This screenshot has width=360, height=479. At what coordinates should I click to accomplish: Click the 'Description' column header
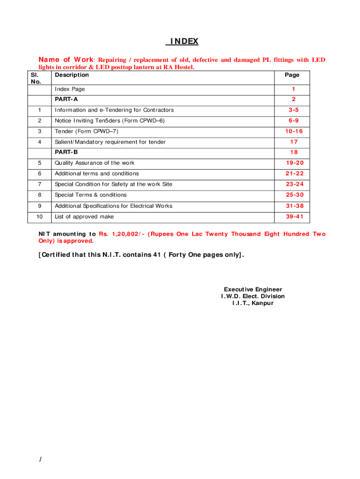[x=72, y=75]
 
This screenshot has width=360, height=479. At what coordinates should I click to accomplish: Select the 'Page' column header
[x=292, y=75]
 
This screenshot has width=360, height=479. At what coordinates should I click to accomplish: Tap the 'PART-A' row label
[x=66, y=99]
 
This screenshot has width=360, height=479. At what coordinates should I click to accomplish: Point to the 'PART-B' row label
[x=66, y=152]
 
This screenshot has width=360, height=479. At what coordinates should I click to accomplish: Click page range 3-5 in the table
[x=293, y=110]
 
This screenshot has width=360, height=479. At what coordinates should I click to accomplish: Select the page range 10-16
[x=293, y=131]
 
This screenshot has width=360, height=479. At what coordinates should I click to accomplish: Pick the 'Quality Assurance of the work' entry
[x=94, y=163]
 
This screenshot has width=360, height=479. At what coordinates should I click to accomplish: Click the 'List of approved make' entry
[x=84, y=217]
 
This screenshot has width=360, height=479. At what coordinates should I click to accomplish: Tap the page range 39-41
[x=295, y=217]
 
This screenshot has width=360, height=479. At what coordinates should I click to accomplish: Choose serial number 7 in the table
[x=40, y=184]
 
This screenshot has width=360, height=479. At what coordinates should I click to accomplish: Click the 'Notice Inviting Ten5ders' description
[x=110, y=121]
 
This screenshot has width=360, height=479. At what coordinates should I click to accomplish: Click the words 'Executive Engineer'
[x=253, y=290]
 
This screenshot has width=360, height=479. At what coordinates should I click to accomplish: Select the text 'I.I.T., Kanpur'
[x=253, y=303]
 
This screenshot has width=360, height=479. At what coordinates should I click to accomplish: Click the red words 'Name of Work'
[x=66, y=60]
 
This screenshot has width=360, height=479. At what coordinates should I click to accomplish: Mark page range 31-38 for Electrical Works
[x=295, y=206]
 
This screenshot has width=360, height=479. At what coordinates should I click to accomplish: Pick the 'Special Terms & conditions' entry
[x=91, y=195]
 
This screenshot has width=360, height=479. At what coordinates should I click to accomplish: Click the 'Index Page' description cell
[x=70, y=89]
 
